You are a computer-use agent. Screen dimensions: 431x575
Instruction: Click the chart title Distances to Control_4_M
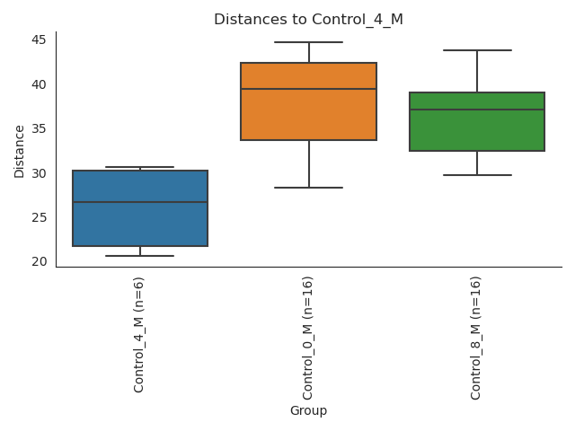[x=308, y=20]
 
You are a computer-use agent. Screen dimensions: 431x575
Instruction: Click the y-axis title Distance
[x=20, y=151]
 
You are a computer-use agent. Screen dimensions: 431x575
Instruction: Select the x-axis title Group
[x=308, y=411]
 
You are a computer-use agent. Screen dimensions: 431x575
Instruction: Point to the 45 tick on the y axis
[x=39, y=40]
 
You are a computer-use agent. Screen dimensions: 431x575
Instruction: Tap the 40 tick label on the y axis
[x=39, y=84]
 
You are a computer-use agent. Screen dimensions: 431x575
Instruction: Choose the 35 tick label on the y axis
[x=39, y=129]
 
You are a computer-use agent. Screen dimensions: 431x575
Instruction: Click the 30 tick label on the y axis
[x=39, y=173]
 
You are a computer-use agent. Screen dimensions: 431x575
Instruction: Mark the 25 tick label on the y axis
[x=39, y=218]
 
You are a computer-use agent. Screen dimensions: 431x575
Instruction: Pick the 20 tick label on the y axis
[x=39, y=262]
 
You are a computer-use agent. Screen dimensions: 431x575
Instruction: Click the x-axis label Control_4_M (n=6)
[x=139, y=334]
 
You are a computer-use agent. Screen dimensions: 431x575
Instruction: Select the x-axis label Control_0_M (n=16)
[x=308, y=338]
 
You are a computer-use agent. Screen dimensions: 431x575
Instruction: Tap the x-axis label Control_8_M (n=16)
[x=476, y=338]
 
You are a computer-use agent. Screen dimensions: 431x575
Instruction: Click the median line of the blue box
[x=140, y=202]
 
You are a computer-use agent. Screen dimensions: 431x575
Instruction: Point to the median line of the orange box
[x=308, y=89]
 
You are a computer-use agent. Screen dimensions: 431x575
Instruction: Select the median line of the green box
[x=477, y=110]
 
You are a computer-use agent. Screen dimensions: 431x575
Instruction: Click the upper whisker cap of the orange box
[x=308, y=42]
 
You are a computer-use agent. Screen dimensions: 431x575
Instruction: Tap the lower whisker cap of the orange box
[x=308, y=188]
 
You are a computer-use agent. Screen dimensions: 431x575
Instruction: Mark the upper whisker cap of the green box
[x=477, y=50]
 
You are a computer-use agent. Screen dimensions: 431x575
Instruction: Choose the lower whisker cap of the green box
[x=477, y=175]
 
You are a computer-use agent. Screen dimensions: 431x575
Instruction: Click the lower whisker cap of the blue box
[x=140, y=256]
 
